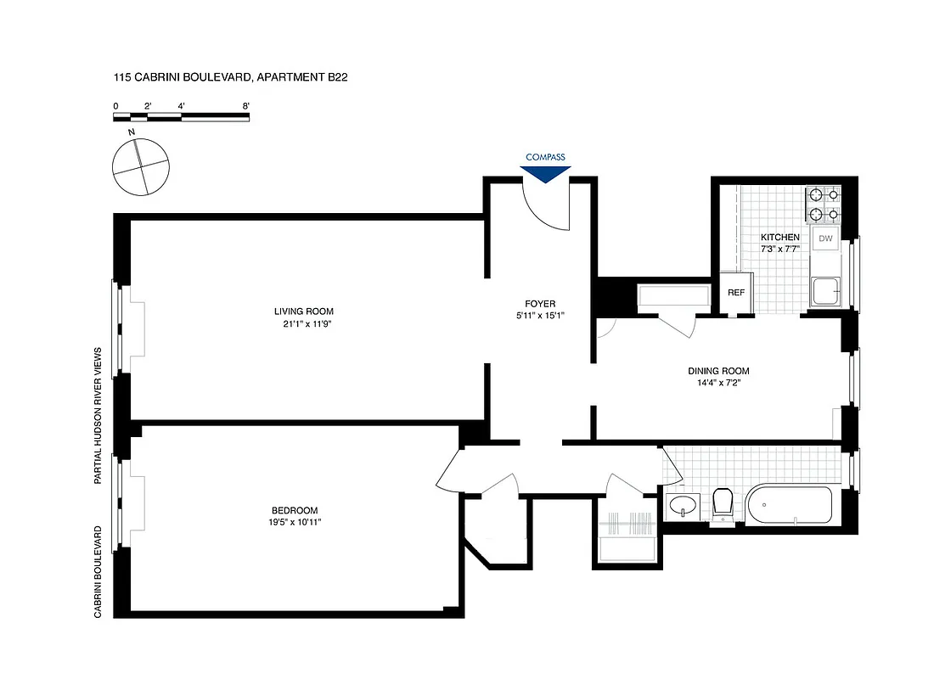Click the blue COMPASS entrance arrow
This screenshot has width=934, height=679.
click(x=544, y=172)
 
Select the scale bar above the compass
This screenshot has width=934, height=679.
click(x=181, y=117)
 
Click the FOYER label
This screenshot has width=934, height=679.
click(x=539, y=303)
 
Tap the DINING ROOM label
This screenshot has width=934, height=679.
click(x=718, y=371)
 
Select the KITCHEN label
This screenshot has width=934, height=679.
click(x=779, y=237)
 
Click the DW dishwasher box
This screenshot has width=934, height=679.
click(x=824, y=238)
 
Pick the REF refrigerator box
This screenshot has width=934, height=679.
click(x=736, y=293)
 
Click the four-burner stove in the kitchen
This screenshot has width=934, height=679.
click(x=823, y=204)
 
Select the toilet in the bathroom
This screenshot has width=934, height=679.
click(x=723, y=504)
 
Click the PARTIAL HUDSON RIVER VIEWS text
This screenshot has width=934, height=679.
click(x=98, y=415)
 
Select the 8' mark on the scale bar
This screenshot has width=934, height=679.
click(x=245, y=106)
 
